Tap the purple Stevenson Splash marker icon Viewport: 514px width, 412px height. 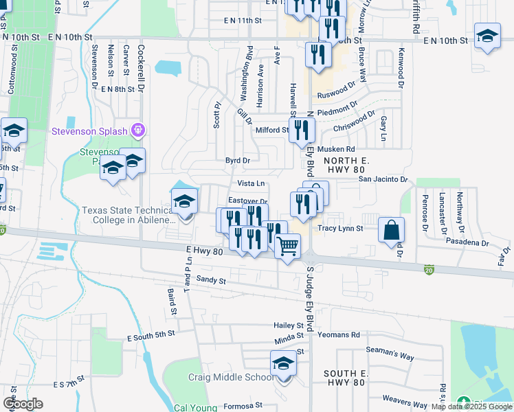pos(138,129)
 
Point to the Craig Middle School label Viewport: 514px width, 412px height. pos(231,378)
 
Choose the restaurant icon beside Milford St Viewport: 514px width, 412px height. pos(302,129)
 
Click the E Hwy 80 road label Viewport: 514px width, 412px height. pos(205,252)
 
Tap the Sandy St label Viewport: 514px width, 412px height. pos(210,279)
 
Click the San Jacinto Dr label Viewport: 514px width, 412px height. pos(383,179)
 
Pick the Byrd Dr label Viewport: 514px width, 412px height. pos(238,160)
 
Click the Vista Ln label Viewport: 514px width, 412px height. pos(251,183)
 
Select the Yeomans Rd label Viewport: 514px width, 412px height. pos(339,335)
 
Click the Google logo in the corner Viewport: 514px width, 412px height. pos(23,404)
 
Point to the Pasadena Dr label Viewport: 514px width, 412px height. pos(467,243)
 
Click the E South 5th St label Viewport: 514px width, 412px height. pos(152,338)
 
